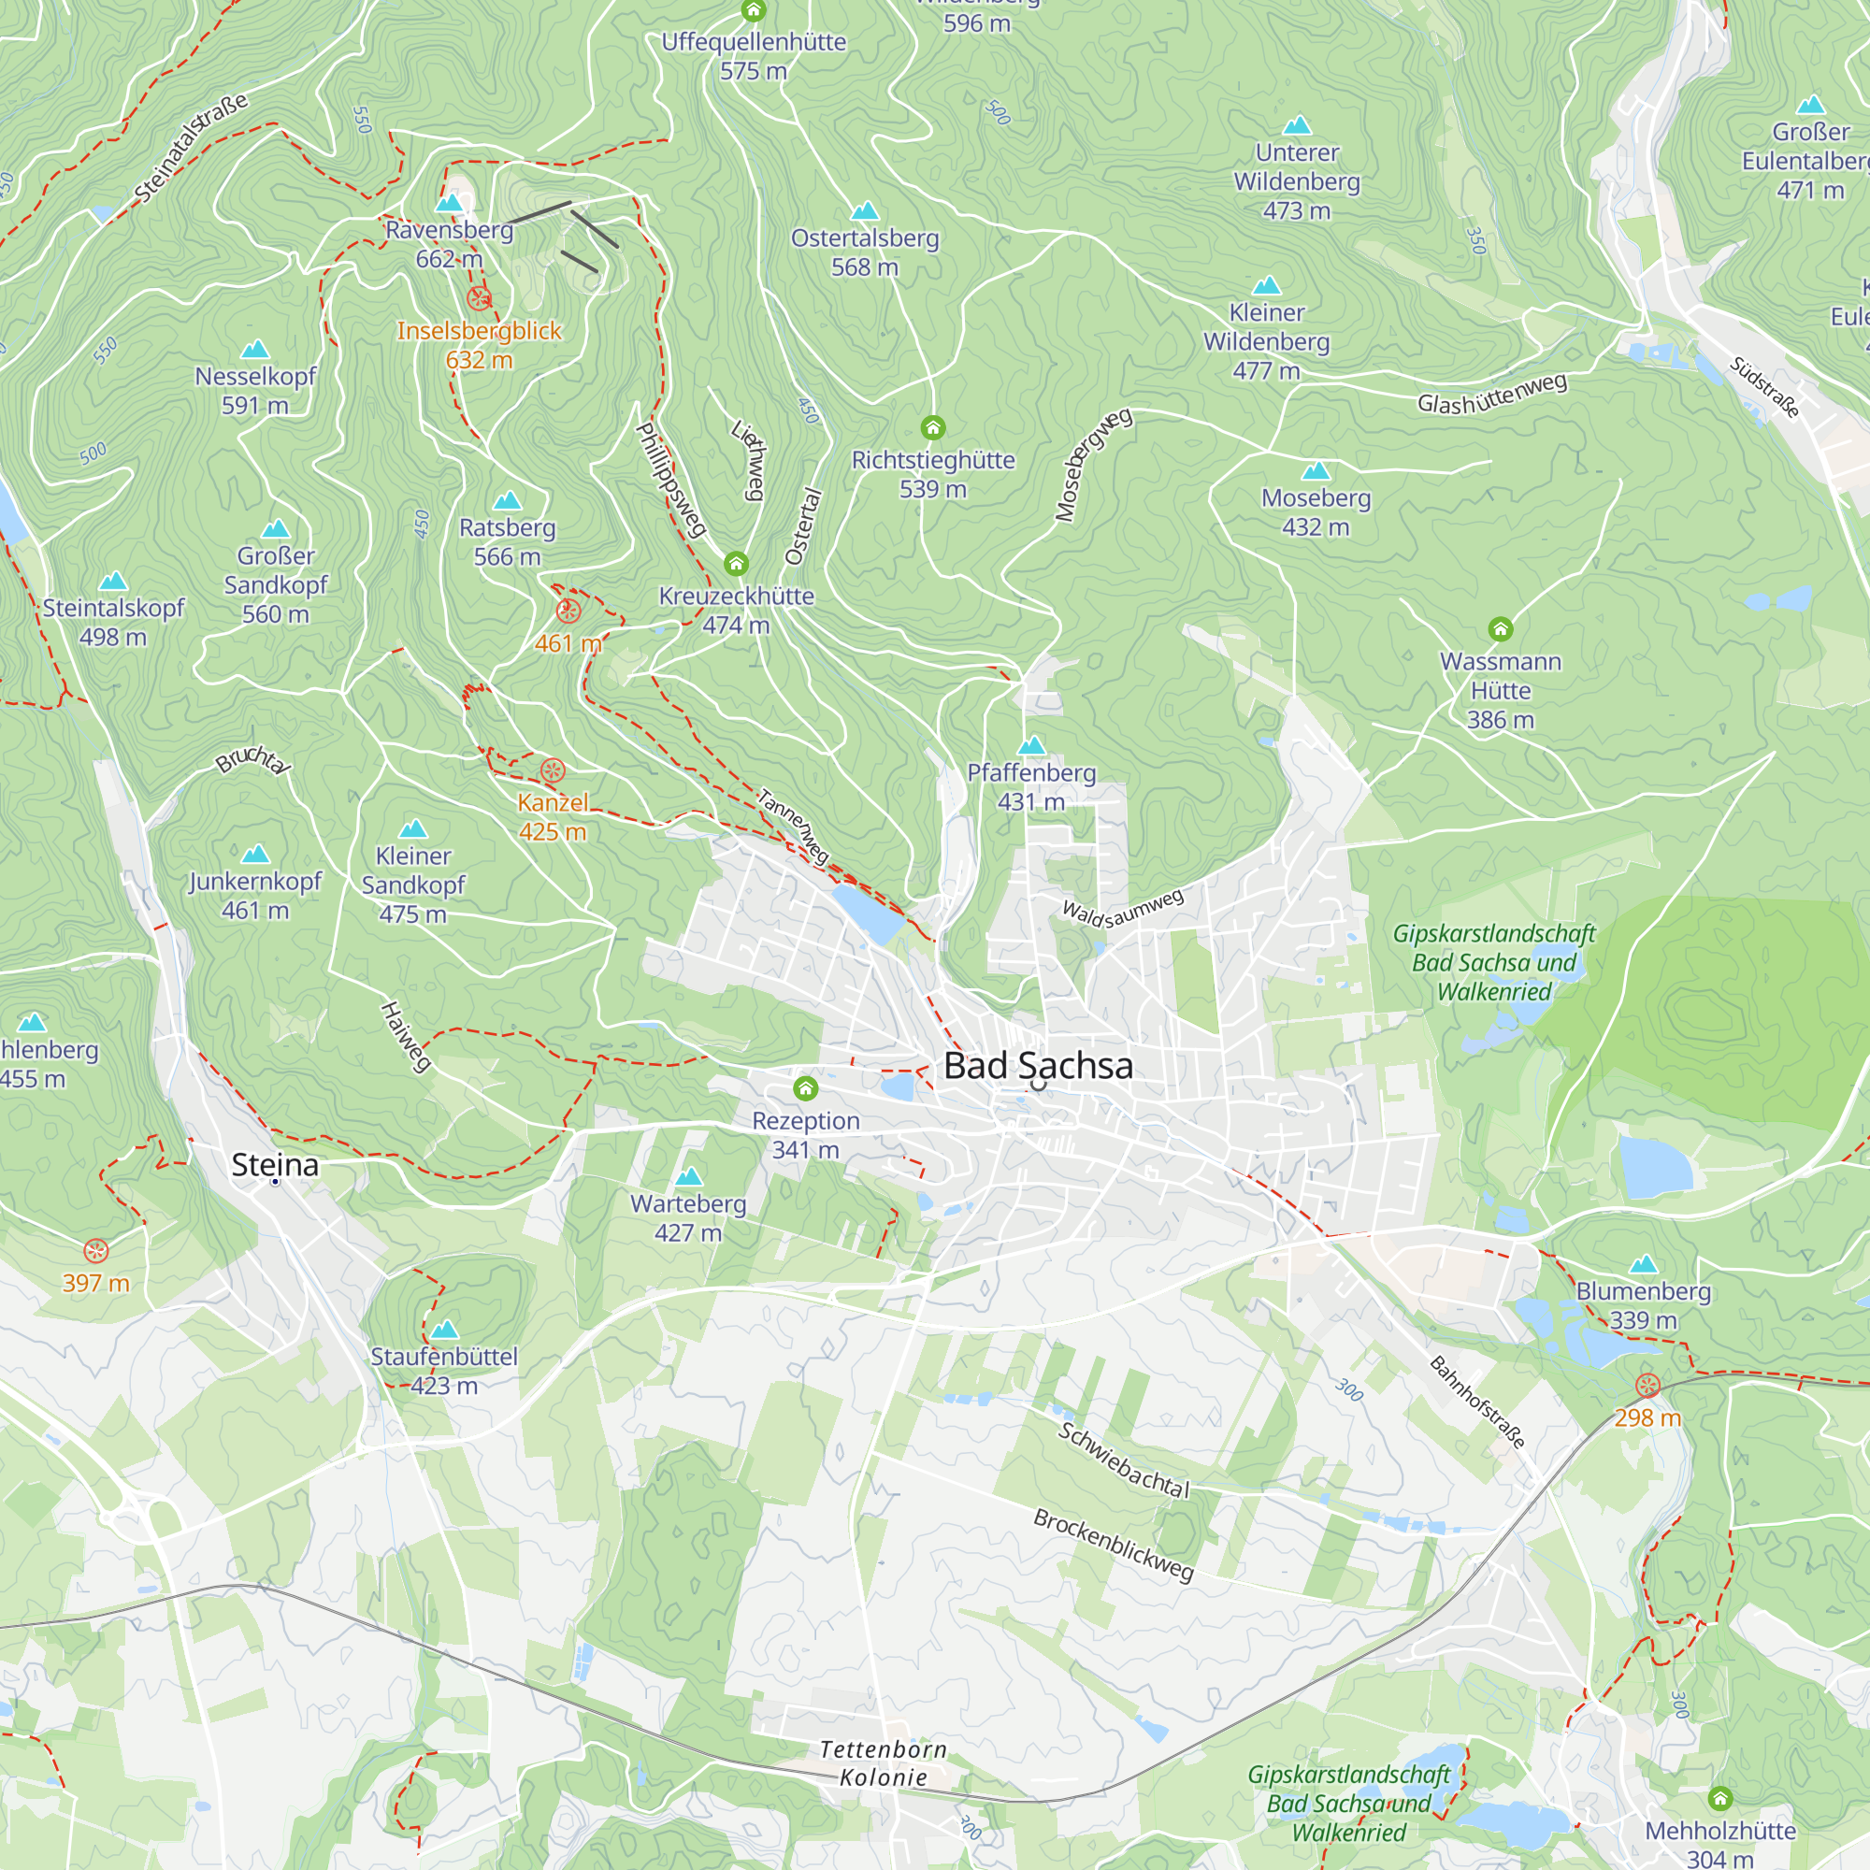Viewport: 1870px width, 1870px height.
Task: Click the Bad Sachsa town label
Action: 1038,1066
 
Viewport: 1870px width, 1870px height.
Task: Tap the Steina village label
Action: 275,1164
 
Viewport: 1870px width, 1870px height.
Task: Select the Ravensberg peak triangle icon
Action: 449,203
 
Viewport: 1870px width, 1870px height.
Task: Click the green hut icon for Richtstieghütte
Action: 932,427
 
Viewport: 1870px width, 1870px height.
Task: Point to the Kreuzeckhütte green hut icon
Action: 736,563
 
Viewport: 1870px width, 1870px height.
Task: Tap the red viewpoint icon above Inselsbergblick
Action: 479,298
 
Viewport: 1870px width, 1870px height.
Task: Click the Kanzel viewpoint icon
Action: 552,770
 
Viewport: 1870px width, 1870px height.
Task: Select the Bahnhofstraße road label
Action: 1477,1402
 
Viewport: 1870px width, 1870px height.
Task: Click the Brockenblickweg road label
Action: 1113,1544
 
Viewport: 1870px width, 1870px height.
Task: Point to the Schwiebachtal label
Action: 1123,1460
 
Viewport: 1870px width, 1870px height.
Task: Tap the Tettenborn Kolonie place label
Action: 883,1762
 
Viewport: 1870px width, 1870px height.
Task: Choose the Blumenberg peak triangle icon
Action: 1643,1264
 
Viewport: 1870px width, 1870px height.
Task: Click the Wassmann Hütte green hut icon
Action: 1501,629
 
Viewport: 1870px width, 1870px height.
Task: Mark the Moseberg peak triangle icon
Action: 1316,471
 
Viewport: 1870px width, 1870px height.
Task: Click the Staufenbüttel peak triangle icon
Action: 444,1329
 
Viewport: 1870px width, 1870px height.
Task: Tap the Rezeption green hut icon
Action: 805,1089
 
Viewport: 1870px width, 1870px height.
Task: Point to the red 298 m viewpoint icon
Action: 1647,1386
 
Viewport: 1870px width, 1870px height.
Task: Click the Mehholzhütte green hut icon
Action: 1720,1798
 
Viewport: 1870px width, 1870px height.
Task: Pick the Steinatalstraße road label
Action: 191,147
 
